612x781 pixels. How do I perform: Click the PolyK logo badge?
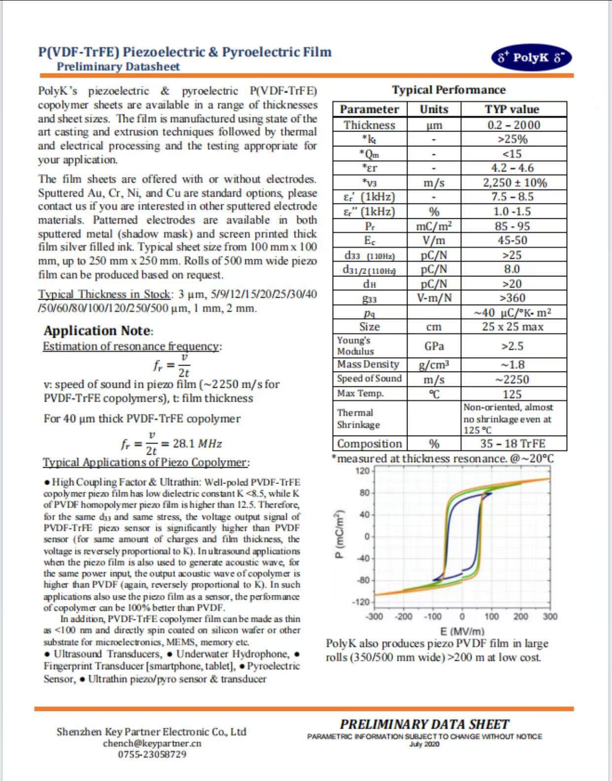click(x=531, y=58)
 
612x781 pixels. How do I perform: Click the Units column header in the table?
click(x=434, y=109)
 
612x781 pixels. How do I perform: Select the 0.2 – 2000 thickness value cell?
click(x=513, y=125)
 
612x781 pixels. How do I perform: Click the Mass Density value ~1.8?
click(x=512, y=365)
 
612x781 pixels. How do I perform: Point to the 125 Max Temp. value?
click(x=512, y=394)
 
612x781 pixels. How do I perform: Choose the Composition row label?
click(x=370, y=443)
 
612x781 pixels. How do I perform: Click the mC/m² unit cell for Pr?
click(x=434, y=226)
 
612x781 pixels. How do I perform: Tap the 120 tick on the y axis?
click(x=363, y=471)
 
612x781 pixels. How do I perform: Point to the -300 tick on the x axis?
click(x=374, y=616)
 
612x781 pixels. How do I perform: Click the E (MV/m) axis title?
click(x=462, y=631)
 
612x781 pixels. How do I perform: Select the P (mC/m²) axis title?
click(x=339, y=534)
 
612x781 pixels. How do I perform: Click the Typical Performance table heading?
click(x=448, y=90)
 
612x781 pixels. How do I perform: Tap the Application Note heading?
click(x=98, y=331)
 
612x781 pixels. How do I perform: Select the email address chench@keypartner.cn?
click(x=152, y=743)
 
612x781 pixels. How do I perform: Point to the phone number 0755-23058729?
click(x=152, y=754)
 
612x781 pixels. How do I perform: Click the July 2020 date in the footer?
click(x=424, y=744)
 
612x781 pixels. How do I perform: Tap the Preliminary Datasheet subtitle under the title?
click(x=118, y=67)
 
